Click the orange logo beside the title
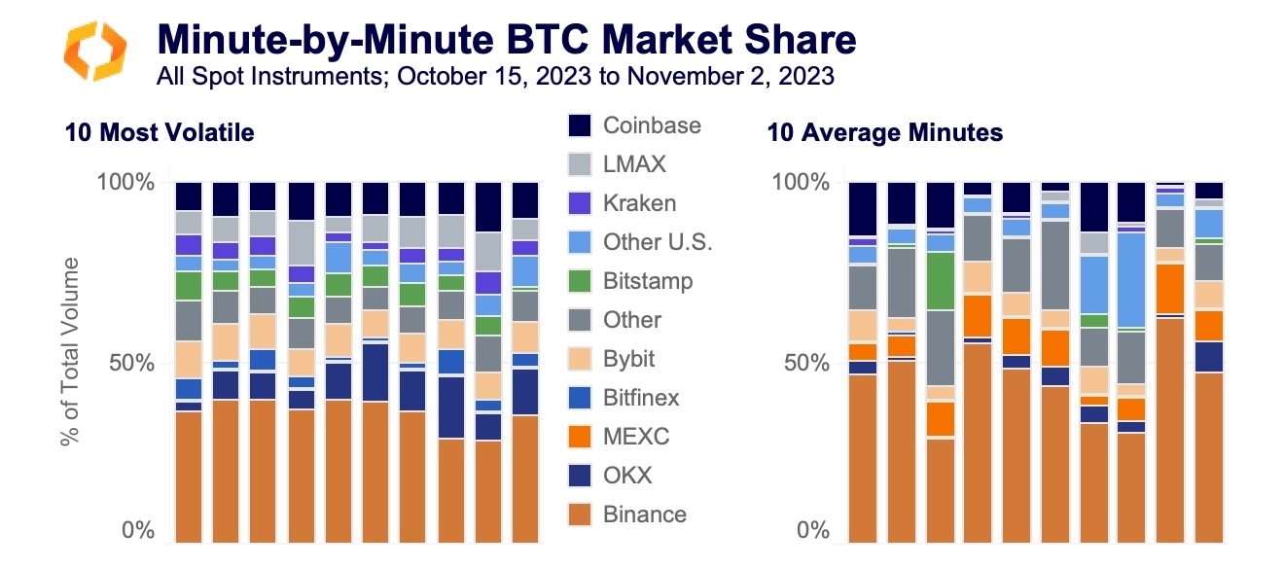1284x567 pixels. [94, 51]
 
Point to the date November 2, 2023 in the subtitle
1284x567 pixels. [731, 76]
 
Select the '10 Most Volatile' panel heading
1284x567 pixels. [160, 132]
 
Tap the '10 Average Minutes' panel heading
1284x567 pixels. [885, 132]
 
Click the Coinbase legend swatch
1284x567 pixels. [580, 125]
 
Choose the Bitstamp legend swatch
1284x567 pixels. [580, 281]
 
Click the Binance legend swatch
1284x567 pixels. [580, 514]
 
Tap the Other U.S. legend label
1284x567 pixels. [658, 242]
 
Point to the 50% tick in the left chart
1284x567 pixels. [132, 363]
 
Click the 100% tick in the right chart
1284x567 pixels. [801, 182]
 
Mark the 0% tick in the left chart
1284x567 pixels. [138, 530]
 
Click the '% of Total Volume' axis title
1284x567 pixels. [70, 351]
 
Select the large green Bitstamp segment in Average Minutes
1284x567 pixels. [941, 281]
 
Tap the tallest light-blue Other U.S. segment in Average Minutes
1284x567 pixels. [1131, 280]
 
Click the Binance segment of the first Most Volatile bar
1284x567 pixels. [189, 477]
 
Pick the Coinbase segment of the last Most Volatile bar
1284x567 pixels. [525, 200]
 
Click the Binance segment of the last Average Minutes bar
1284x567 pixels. [1209, 457]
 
